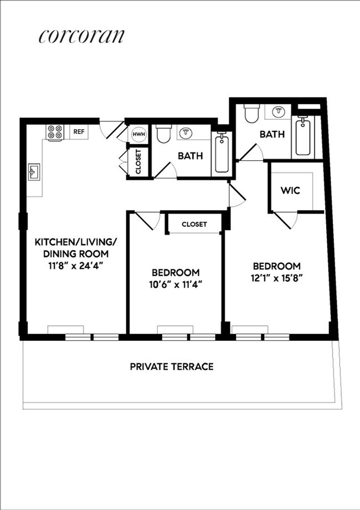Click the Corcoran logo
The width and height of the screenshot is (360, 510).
point(81,36)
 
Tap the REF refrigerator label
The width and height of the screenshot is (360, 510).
point(79,132)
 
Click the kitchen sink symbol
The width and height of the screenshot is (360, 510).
point(34,172)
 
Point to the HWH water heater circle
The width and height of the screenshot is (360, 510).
point(138,134)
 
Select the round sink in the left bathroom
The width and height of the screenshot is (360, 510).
point(185,134)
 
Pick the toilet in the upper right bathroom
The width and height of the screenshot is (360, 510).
point(251,114)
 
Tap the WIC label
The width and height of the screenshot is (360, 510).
point(290,191)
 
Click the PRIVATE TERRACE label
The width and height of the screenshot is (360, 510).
point(172,366)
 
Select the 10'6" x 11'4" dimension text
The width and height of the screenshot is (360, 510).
point(176,284)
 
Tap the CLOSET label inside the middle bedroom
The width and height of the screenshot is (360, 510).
point(194,225)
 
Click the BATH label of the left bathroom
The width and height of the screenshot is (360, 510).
point(190,156)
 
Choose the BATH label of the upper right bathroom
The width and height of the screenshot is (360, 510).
point(272,134)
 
